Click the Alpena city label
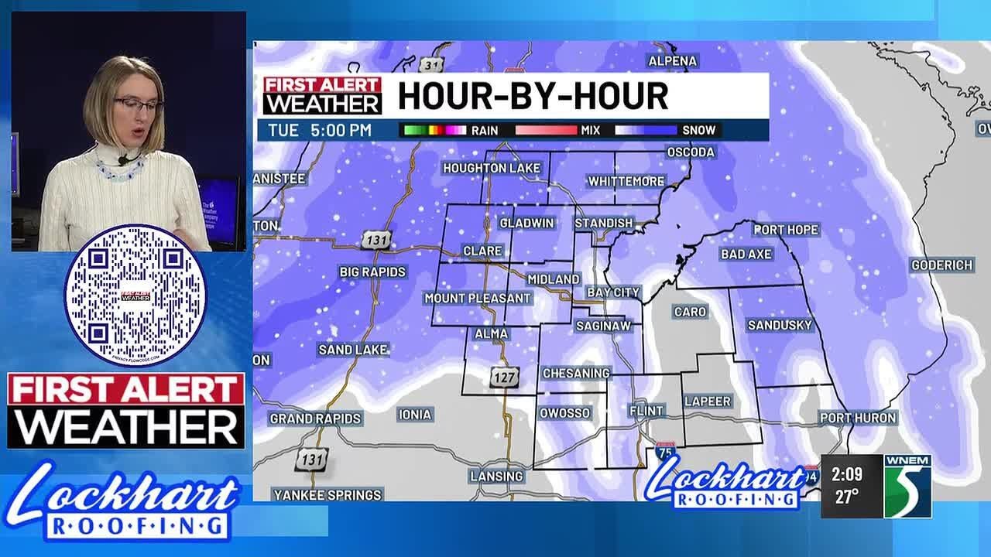coord(672,61)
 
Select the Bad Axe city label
coord(746,254)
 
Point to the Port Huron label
coord(857,418)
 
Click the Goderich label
coord(941,265)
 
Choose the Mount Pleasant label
coord(478,298)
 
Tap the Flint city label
coord(646,410)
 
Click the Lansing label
coord(496,477)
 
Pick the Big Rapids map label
coord(372,272)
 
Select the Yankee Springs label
coord(327,494)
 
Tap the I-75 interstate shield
coord(664,451)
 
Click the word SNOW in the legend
coord(698,130)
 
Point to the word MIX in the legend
coord(590,130)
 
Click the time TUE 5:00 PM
coord(319,130)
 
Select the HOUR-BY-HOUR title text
coord(533,96)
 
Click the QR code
coord(135,295)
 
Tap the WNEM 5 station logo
coord(907,485)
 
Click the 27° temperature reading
coord(846,497)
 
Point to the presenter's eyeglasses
coord(138,104)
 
